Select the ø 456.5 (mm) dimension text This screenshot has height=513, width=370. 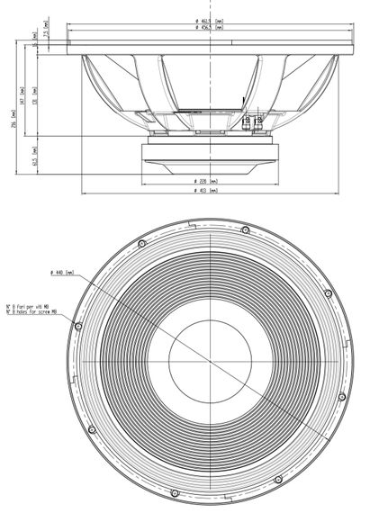(x=209, y=27)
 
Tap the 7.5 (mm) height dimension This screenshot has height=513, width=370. (x=46, y=34)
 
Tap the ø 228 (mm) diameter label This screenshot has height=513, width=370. (x=207, y=181)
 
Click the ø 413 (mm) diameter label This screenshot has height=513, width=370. (x=207, y=191)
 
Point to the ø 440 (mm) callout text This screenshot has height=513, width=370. (x=63, y=273)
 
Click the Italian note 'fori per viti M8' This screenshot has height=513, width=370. (x=32, y=306)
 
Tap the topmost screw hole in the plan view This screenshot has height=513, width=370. (x=245, y=232)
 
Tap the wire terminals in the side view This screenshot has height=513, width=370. (x=253, y=121)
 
